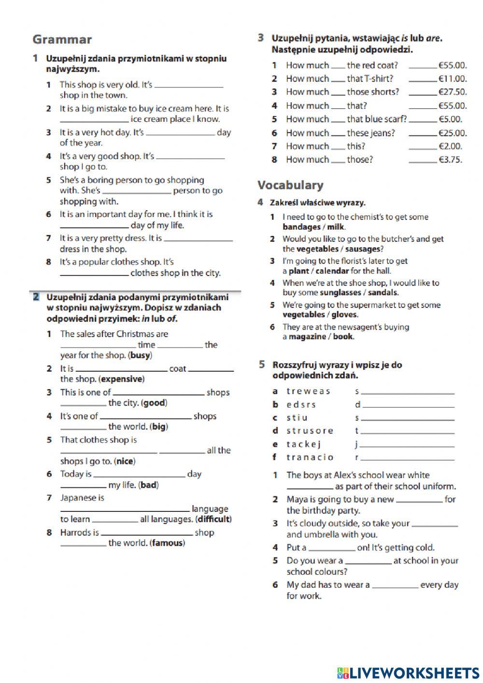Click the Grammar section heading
[x=62, y=40]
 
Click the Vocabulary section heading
[x=290, y=185]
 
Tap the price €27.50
[x=452, y=92]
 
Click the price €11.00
[x=452, y=78]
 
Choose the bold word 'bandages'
[x=301, y=227]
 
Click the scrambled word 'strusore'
[x=310, y=431]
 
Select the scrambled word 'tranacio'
[x=310, y=457]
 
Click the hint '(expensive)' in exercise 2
[x=121, y=379]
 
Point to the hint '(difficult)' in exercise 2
[x=214, y=519]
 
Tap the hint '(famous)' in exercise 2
[x=167, y=543]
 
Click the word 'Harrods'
[x=75, y=533]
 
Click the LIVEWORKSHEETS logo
[x=408, y=672]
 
